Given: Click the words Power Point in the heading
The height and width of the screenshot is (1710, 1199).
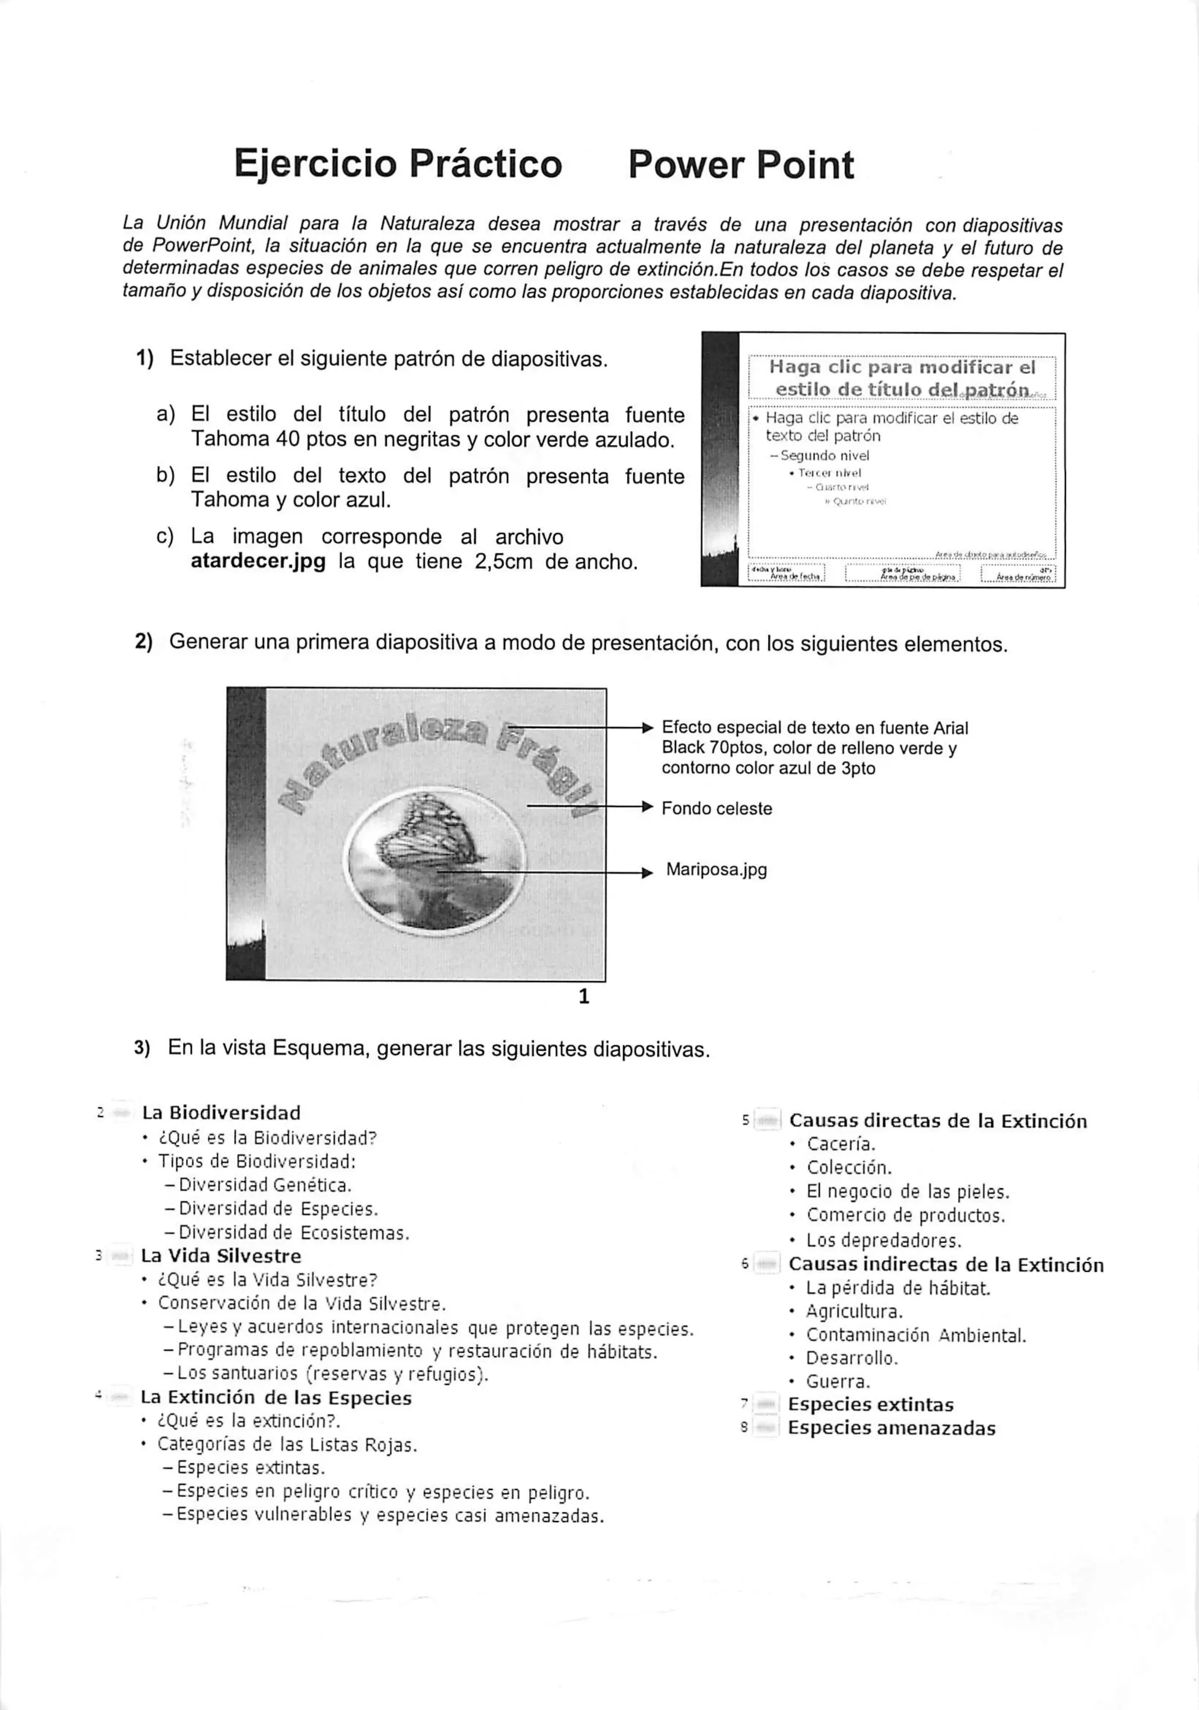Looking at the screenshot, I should pos(740,164).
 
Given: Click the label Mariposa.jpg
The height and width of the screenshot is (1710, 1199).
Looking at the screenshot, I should pos(716,869).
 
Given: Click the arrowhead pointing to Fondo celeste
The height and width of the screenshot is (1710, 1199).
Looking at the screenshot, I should pos(647,807).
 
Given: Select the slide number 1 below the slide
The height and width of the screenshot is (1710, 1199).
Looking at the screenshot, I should pos(584,996).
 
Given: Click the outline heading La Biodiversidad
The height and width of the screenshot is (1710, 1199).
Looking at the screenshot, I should pos(221,1113).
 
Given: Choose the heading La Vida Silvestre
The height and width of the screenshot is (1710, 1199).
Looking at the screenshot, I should pos(221,1255).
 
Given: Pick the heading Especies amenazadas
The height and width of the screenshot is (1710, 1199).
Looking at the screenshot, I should pos(891,1428).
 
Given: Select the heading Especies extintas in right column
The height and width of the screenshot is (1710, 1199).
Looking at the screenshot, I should pos(871,1405).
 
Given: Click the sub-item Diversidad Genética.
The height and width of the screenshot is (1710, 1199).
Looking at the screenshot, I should pos(265,1185).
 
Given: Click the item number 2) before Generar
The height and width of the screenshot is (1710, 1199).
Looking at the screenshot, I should pos(144,642).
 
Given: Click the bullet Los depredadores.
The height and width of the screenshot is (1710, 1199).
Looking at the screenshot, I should pos(884,1241).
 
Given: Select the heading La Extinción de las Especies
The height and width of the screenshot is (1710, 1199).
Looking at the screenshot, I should pos(276,1397).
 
